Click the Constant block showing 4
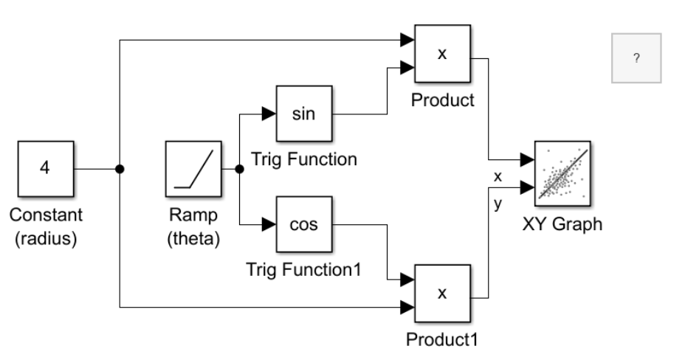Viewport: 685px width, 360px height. coord(44,168)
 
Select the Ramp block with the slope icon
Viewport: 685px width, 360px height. coord(193,168)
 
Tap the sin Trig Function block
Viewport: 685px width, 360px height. coord(303,114)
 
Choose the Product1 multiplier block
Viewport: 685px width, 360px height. coord(441,294)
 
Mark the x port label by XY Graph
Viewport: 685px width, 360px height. coord(498,176)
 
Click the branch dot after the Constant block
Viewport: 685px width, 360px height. coord(119,169)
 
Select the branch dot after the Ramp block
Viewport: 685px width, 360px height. coord(238,169)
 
